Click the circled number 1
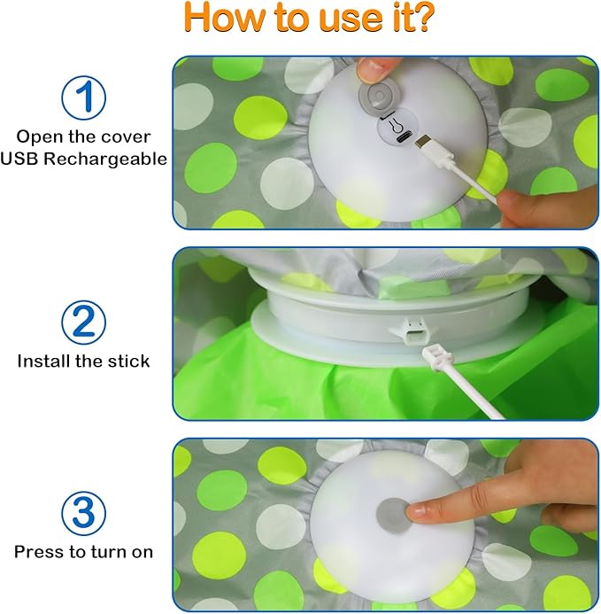point(83,98)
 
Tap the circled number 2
point(83,322)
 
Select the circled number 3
point(83,512)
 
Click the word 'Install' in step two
point(44,361)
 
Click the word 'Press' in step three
point(38,551)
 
